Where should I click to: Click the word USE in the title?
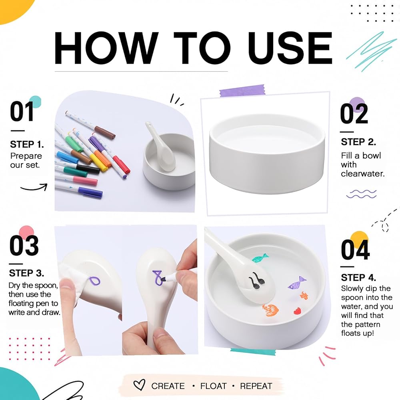tap(290, 48)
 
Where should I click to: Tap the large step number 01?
tap(22, 112)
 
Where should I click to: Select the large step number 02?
tap(354, 114)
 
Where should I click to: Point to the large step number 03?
tap(24, 246)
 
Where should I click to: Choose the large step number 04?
tap(355, 250)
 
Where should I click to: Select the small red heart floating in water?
tap(297, 311)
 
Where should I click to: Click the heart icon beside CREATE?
tap(139, 385)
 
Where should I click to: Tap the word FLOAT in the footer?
tap(213, 386)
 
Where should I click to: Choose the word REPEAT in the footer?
tap(256, 386)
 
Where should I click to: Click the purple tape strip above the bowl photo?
tap(242, 90)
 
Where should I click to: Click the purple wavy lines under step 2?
tap(361, 194)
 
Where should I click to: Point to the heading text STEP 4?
tap(358, 277)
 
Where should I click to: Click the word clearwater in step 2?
tap(362, 174)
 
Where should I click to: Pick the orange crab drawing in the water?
tap(270, 310)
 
